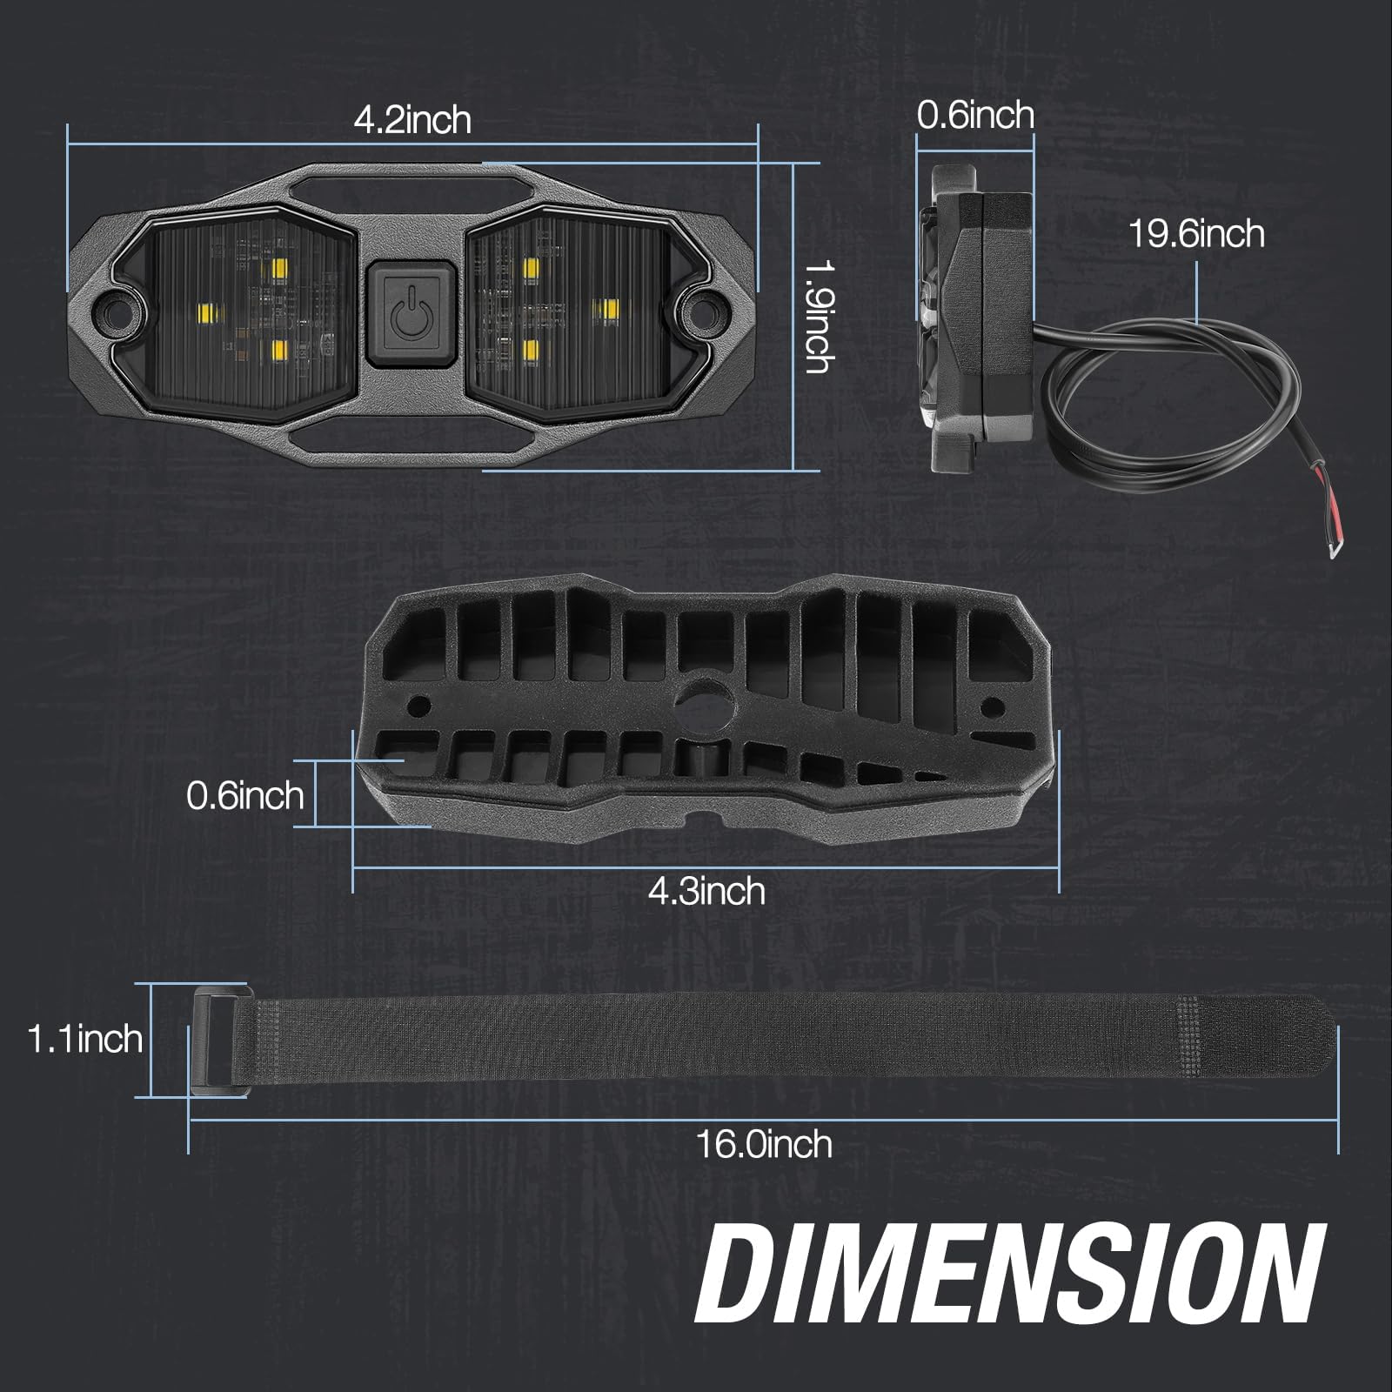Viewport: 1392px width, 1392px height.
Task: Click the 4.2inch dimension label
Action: [412, 119]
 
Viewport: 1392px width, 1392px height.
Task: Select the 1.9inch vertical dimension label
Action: [819, 318]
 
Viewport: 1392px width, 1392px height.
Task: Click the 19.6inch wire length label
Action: [1196, 234]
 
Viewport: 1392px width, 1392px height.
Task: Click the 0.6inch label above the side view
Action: [975, 115]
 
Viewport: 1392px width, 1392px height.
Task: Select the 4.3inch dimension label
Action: [706, 891]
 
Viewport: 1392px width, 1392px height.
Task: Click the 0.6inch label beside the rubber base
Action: [244, 795]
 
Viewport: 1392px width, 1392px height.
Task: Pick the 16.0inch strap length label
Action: [763, 1143]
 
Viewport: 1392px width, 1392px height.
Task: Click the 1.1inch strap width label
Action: [84, 1039]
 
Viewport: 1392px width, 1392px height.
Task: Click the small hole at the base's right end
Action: [992, 706]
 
